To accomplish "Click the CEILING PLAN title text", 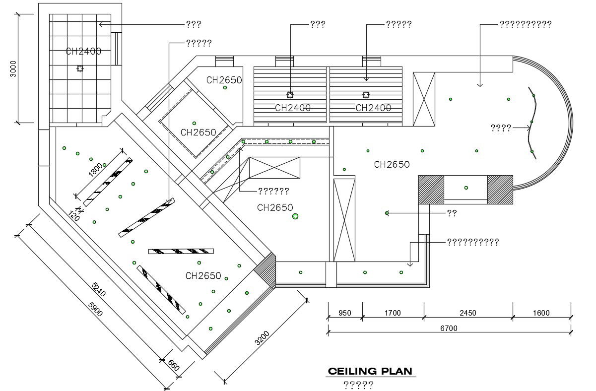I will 370,371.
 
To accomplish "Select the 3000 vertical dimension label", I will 14,68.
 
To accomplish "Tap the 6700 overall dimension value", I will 449,328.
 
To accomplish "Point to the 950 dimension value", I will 345,313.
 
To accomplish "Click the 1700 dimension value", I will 393,313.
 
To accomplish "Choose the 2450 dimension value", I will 468,313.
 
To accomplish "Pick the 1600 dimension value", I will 541,313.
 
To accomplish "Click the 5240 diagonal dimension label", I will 99,291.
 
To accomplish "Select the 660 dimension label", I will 173,366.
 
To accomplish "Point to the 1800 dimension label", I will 95,169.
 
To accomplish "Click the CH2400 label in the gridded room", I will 83,51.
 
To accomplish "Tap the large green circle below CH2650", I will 295,216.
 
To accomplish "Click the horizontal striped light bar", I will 181,251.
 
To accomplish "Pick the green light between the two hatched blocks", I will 466,188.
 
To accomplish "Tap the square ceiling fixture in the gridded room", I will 80,68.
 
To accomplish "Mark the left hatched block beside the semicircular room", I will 431,189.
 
